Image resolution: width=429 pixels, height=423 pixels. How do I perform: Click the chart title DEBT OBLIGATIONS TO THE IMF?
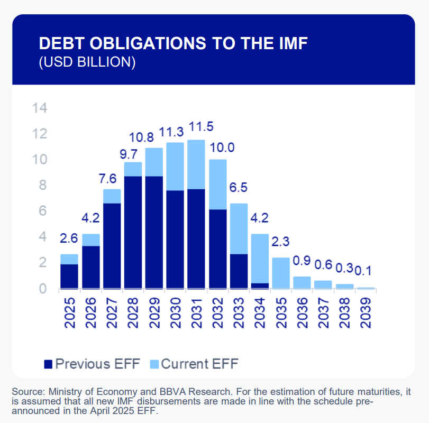pyautogui.click(x=174, y=43)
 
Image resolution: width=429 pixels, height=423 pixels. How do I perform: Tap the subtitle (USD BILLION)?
pyautogui.click(x=87, y=62)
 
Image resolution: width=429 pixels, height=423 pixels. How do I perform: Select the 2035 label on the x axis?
pyautogui.click(x=281, y=312)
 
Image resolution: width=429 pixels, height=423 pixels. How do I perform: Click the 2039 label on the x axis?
pyautogui.click(x=366, y=312)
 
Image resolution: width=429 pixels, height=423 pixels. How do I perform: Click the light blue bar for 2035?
pyautogui.click(x=281, y=273)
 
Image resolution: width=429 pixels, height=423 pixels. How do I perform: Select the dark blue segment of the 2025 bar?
pyautogui.click(x=69, y=276)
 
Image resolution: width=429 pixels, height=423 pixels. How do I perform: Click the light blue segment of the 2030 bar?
pyautogui.click(x=175, y=166)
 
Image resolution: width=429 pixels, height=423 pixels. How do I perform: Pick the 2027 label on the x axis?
pyautogui.click(x=112, y=312)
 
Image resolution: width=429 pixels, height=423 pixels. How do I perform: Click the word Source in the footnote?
pyautogui.click(x=28, y=392)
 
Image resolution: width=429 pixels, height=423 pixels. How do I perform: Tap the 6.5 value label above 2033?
pyautogui.click(x=239, y=188)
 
